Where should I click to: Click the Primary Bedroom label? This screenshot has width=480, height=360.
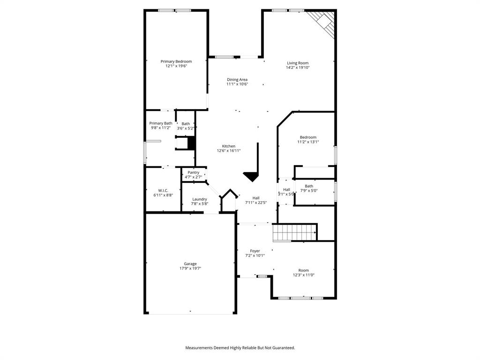[x=176, y=61]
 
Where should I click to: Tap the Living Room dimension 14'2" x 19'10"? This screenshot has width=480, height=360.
[x=298, y=67]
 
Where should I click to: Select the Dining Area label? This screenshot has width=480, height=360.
[x=237, y=80]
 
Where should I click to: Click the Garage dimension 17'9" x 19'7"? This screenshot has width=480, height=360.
[x=190, y=269]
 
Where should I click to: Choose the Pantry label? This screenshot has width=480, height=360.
[x=193, y=172]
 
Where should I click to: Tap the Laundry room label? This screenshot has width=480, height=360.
[x=199, y=199]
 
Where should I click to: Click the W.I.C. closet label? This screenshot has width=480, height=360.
[x=163, y=190]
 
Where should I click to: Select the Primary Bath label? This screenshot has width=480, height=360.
[x=161, y=123]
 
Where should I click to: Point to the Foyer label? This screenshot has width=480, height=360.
[x=255, y=251]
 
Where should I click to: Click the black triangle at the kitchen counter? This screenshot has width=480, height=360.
[x=252, y=176]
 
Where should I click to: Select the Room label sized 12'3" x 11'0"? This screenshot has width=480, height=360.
[x=304, y=270]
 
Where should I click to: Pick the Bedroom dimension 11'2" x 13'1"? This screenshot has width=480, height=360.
[x=308, y=142]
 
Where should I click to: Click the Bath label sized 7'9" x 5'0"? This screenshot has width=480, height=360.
[x=309, y=186]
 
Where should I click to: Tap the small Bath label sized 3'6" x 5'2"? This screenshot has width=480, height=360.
[x=186, y=124]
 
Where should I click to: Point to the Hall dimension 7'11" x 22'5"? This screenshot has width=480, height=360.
[x=256, y=202]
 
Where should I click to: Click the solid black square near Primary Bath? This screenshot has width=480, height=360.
[x=191, y=142]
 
